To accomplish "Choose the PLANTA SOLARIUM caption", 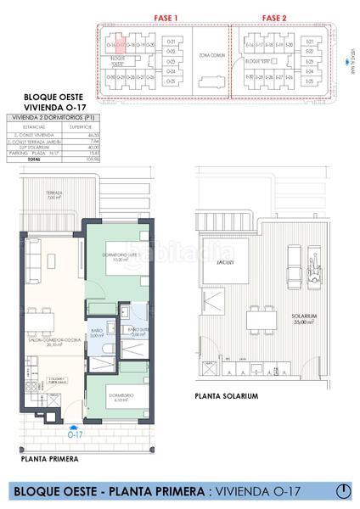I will click(225, 395).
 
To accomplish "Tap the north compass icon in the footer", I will click(343, 490).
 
